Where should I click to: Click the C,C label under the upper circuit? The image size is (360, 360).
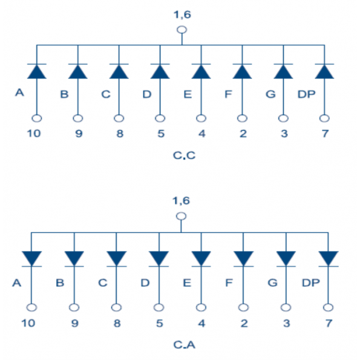pos(184,155)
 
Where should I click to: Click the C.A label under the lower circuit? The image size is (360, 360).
pos(184,345)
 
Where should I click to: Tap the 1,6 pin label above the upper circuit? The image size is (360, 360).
pos(182,15)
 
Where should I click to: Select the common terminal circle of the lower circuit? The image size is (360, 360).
pos(181,216)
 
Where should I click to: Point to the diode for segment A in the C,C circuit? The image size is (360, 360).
pos(37,71)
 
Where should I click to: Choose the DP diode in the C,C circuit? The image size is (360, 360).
pos(324,71)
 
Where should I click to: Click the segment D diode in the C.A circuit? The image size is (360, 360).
pos(159,259)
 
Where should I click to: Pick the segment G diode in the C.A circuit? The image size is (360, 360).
pos(286,259)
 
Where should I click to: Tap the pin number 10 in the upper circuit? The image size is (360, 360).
pos(34,133)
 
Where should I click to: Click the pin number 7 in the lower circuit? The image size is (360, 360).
pos(329,323)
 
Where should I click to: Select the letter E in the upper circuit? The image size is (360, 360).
pos(188,94)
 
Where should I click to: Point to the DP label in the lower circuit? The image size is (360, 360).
pos(310,283)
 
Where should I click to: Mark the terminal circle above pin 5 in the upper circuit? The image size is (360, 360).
pos(160,119)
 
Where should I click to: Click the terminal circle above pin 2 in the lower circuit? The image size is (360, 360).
pos(243,307)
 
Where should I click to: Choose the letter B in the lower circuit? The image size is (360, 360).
pos(60,283)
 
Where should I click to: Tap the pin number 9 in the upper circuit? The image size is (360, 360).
pos(79,133)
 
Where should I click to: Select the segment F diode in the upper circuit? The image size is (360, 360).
pos(242,71)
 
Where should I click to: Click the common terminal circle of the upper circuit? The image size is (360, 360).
pos(182,30)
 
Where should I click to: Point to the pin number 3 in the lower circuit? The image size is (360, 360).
pos(286,323)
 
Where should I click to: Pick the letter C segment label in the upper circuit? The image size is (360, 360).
pos(106,94)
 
